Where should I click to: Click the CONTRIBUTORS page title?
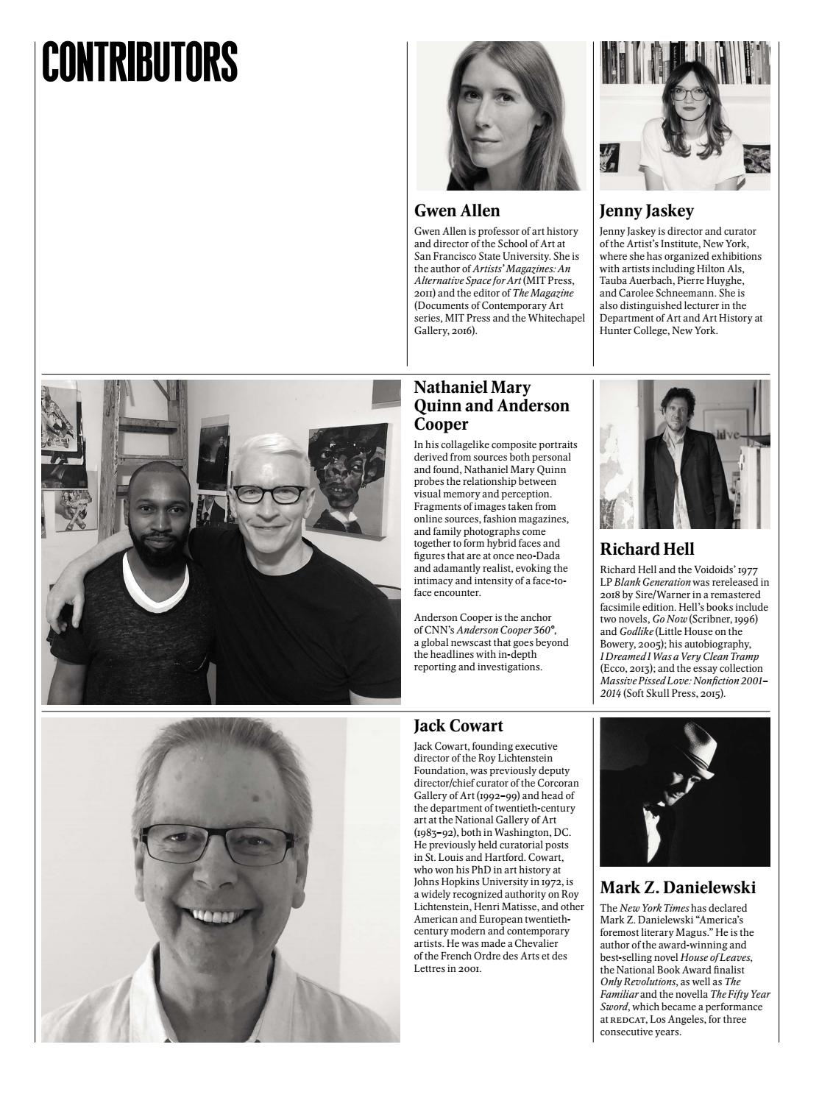[140, 62]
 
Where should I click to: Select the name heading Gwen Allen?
[457, 211]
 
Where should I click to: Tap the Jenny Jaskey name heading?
[646, 211]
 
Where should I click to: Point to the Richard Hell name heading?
[647, 549]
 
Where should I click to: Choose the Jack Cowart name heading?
[458, 726]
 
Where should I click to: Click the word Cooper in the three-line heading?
[441, 425]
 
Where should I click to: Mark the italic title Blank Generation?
[652, 582]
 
